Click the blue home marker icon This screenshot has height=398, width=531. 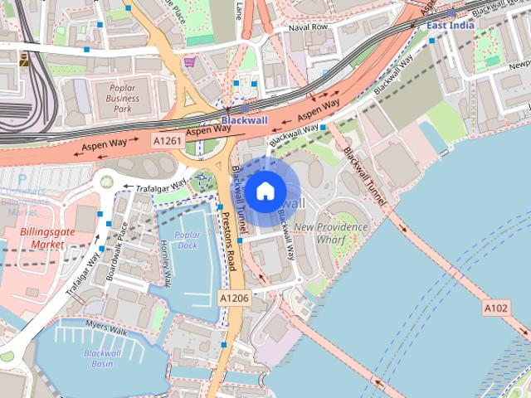coord(264,192)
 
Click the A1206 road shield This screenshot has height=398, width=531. coord(234,297)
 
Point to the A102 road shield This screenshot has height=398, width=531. coord(495,308)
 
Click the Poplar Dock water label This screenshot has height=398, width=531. coord(188,240)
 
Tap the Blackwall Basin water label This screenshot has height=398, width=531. coord(103,358)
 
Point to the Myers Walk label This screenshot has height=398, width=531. coord(105,328)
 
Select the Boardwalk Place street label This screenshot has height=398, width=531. coord(115,249)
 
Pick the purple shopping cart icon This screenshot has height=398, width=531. coord(190,61)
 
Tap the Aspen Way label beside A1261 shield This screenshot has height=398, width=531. coord(207,131)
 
